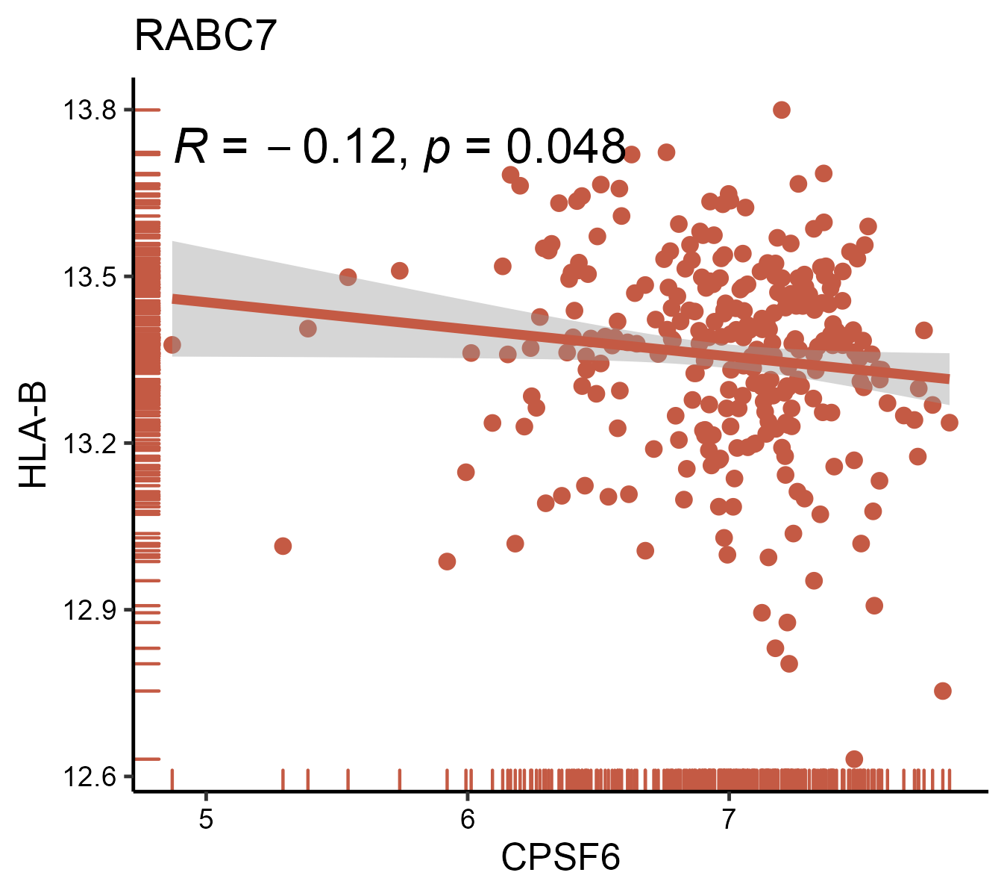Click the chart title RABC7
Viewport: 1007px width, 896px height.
coord(205,36)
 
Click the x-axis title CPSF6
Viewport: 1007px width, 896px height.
coord(560,858)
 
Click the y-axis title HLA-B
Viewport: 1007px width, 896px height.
coord(34,435)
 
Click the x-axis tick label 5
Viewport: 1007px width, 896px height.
coord(206,819)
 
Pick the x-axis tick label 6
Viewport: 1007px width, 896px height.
coord(467,819)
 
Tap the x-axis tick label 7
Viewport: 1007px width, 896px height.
coord(728,819)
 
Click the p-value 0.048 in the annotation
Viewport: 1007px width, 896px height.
coord(565,147)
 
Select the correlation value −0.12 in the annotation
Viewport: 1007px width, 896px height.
coord(347,147)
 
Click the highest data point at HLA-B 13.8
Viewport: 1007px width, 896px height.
coord(782,110)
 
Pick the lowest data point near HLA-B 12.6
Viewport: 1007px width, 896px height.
coord(854,759)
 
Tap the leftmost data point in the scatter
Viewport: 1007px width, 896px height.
coord(172,345)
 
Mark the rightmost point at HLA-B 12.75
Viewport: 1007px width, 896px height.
coord(943,691)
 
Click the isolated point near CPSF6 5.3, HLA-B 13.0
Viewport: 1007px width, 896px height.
coord(283,546)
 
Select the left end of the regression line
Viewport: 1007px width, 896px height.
coord(174,299)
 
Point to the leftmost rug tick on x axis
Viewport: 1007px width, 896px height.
coord(172,779)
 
